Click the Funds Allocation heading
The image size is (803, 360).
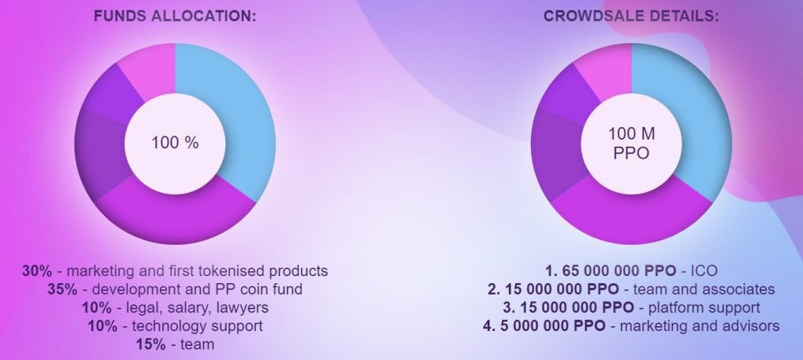coord(175,16)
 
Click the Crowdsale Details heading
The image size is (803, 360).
coord(631,16)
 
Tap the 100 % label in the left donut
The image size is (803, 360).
coord(175,143)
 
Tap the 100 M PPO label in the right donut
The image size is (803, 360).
coord(631,144)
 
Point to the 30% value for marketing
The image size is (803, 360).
coord(37,271)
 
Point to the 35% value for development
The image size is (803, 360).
coord(63,289)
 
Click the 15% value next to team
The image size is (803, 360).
coord(151,344)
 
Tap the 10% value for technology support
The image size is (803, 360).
coord(103,326)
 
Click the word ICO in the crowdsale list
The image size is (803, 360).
coord(704,271)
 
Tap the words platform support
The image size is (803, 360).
coord(704,308)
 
